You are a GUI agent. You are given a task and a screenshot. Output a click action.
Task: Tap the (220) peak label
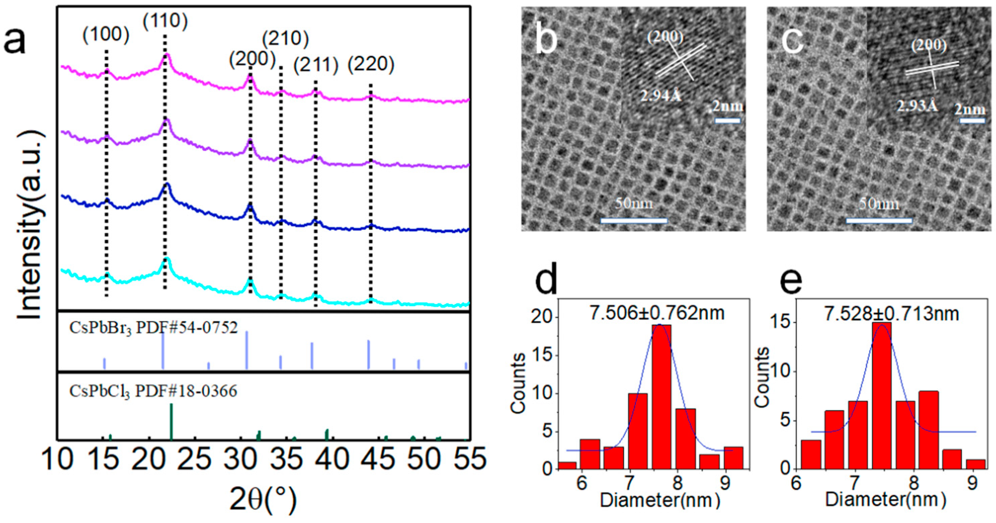371,64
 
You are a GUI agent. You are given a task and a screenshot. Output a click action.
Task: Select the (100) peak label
105,35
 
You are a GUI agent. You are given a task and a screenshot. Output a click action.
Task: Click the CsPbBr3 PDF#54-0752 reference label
153,327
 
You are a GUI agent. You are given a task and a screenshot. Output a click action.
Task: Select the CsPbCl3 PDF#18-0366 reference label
153,391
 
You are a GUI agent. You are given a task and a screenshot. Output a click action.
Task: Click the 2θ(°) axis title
263,499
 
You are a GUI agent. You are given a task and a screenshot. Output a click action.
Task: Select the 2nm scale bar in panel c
973,121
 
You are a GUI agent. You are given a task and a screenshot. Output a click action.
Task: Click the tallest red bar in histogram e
881,395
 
